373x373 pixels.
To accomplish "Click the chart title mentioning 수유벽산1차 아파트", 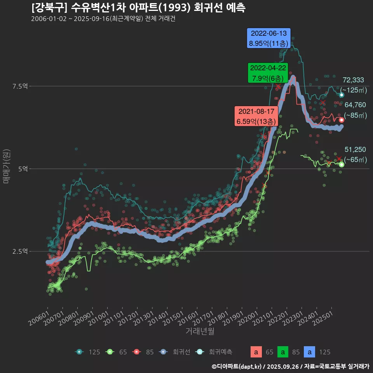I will (x=138, y=8).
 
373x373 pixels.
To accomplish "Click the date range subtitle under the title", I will (x=103, y=19).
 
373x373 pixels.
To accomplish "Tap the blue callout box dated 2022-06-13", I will (x=269, y=38).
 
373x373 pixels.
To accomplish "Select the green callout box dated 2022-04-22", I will (x=268, y=73).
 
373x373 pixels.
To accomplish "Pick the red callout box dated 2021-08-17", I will (x=256, y=116).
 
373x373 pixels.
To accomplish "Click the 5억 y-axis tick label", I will (x=23, y=169).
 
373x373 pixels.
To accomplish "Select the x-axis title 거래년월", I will (x=200, y=331).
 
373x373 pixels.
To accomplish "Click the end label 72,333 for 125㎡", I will (x=353, y=80).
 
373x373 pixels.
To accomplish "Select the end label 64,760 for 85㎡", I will (x=355, y=105).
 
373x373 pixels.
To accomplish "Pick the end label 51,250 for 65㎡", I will (x=355, y=150).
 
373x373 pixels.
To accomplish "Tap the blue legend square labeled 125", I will (x=309, y=352).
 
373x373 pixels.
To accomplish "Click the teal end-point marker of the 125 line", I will (x=342, y=95).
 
